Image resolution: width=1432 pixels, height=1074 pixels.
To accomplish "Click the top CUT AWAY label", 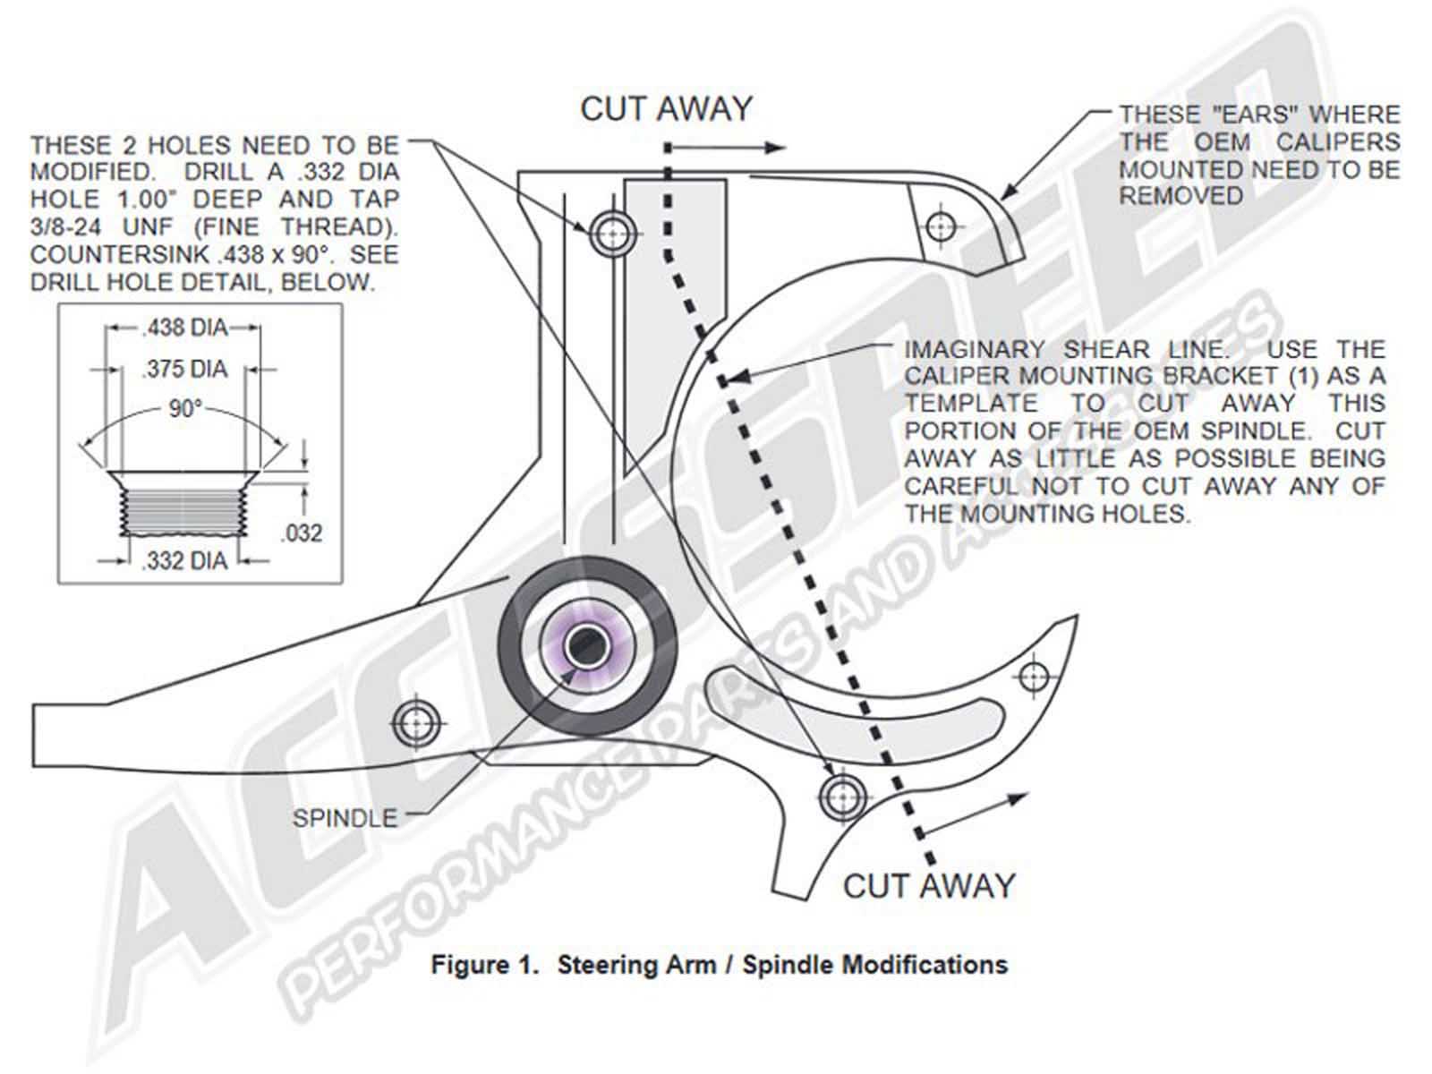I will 666,109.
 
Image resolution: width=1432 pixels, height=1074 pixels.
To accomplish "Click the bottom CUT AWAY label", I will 929,886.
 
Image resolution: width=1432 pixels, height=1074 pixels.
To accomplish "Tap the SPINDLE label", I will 345,817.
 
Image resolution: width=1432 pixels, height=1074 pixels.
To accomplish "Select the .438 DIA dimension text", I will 184,328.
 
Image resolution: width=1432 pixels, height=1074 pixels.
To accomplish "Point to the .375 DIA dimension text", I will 184,368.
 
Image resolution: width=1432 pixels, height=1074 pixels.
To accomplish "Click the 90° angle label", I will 184,409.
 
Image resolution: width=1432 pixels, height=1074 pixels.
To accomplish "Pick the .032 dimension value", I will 301,533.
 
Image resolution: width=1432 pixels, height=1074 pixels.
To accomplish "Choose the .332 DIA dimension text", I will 184,561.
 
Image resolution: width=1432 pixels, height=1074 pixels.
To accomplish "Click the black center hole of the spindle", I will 586,645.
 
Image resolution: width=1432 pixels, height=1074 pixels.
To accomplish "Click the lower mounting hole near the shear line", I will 842,795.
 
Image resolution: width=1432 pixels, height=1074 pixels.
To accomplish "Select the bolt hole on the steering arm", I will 418,722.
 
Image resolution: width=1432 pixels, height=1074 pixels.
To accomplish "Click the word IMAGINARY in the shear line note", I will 975,349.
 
